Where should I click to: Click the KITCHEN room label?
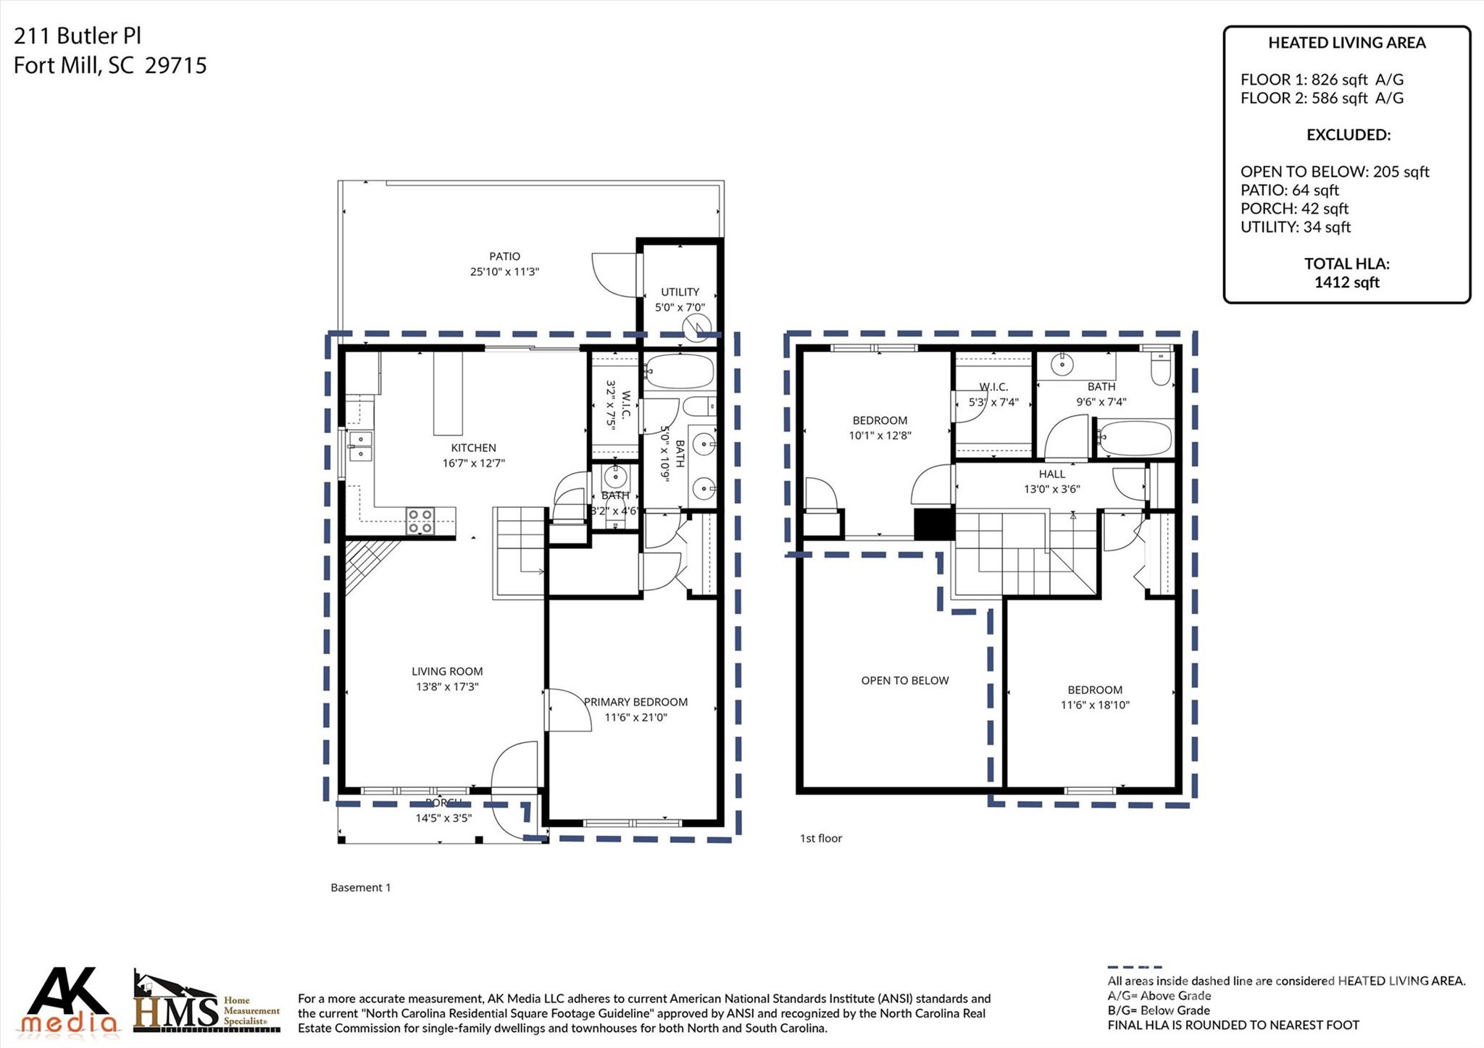(473, 448)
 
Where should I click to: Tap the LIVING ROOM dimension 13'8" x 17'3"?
(446, 687)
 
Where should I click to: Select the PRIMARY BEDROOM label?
(635, 702)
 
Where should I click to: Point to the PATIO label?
(504, 256)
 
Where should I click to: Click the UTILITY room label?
(680, 292)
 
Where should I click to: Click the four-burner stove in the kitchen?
(420, 521)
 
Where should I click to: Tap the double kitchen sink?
(359, 446)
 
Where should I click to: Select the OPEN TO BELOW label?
(904, 680)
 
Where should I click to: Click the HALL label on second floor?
(1051, 474)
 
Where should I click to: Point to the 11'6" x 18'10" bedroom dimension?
(1094, 705)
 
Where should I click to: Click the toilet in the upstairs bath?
(1160, 369)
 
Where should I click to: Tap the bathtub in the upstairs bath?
(1134, 437)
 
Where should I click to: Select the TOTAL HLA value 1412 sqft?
(1346, 282)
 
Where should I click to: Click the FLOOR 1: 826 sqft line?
(1321, 80)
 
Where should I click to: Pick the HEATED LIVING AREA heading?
(1346, 43)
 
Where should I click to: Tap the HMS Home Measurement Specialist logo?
(207, 1002)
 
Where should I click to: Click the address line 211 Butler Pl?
(78, 36)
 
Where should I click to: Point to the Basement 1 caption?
(360, 887)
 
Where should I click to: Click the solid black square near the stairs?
(934, 524)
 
